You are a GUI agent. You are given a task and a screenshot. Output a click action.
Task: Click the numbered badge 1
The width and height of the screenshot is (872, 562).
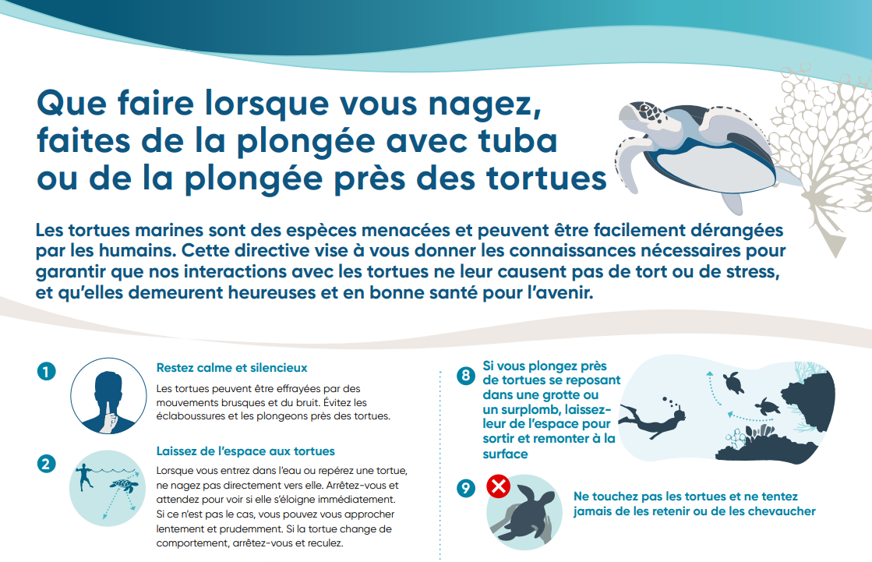point(46,371)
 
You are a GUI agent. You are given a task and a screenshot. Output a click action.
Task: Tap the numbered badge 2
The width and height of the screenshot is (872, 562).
point(46,464)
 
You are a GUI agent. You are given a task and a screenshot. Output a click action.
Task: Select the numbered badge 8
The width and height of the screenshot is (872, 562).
point(466,376)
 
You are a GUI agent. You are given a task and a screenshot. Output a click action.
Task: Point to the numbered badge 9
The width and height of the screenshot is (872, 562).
point(466,488)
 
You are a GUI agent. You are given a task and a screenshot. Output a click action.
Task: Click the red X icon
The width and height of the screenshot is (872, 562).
point(498,486)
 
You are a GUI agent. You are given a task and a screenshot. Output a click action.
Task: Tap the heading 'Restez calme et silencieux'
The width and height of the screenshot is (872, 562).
point(231,368)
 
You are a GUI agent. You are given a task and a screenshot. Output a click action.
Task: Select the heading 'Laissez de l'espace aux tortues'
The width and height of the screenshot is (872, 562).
point(245,451)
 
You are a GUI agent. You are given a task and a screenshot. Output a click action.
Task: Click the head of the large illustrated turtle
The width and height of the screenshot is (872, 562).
point(639,114)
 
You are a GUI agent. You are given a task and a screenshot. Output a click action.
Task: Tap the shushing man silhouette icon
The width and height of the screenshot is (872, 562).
point(108,401)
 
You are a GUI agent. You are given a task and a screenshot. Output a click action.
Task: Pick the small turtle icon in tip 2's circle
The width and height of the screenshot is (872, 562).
point(123,486)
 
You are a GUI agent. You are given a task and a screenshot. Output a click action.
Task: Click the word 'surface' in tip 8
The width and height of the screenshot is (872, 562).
point(505,454)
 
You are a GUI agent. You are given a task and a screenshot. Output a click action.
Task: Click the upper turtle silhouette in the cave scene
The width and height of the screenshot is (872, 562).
point(733,383)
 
